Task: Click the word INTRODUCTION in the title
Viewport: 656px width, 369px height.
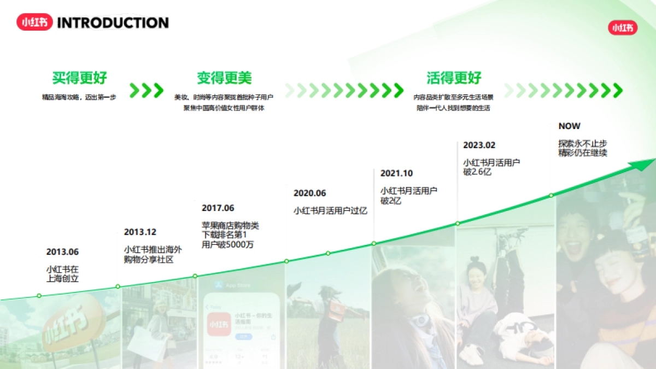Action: tap(113, 23)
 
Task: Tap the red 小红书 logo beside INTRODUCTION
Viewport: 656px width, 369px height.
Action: tap(34, 22)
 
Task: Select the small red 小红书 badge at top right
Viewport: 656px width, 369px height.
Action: tap(623, 28)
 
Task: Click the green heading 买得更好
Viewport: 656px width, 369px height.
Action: tap(80, 78)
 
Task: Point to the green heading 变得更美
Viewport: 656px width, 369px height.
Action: tap(224, 78)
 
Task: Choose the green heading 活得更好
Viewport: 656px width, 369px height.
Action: tap(454, 78)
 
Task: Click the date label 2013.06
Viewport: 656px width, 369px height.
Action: tap(62, 252)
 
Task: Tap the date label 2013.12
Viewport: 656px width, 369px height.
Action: tap(140, 232)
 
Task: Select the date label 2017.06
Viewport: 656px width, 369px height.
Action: tap(218, 208)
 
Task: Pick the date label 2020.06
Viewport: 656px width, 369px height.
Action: tap(309, 193)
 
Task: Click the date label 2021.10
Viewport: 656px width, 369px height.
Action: tap(396, 173)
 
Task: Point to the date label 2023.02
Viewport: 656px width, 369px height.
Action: tap(479, 145)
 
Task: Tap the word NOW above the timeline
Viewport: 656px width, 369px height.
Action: tap(569, 126)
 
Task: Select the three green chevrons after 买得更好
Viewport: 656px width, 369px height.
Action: tap(147, 90)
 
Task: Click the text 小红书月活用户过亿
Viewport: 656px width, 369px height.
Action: tap(330, 210)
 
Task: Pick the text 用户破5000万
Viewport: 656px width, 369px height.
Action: tap(227, 244)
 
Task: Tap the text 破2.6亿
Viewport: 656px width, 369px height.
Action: tap(477, 172)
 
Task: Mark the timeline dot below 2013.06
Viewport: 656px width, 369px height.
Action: tap(39, 296)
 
